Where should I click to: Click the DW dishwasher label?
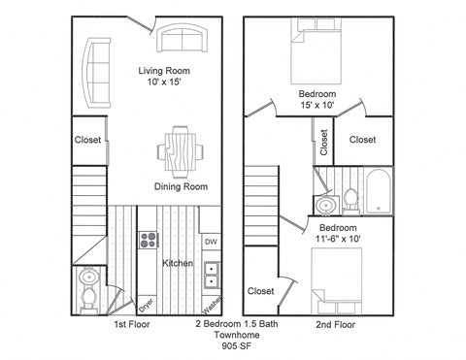[210, 241]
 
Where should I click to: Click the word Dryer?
[146, 304]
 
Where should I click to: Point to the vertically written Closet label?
[324, 140]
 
